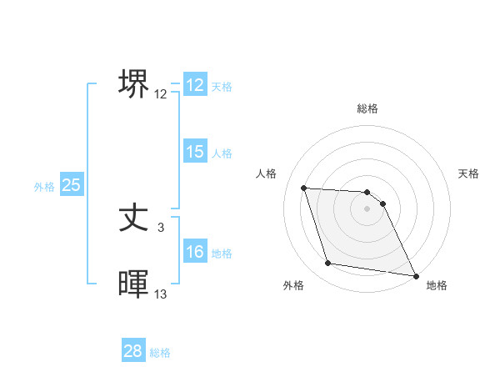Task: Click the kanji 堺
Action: (134, 83)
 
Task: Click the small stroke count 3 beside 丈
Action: (161, 227)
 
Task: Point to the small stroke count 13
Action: (161, 294)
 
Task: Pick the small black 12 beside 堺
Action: (161, 94)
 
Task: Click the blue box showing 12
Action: (194, 85)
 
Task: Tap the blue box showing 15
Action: (194, 152)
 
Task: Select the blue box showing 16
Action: (194, 253)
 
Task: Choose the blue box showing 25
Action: (72, 185)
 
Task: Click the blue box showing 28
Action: (133, 352)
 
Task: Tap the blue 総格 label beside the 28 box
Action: (160, 353)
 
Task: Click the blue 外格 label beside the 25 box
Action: (44, 187)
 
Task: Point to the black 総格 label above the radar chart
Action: (367, 108)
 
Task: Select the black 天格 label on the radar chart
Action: (469, 173)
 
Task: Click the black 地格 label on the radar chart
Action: (437, 285)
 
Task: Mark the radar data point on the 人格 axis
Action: (303, 188)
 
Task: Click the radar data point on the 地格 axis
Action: (415, 275)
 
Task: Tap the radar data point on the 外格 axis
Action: (328, 264)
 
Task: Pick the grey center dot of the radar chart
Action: (367, 209)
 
